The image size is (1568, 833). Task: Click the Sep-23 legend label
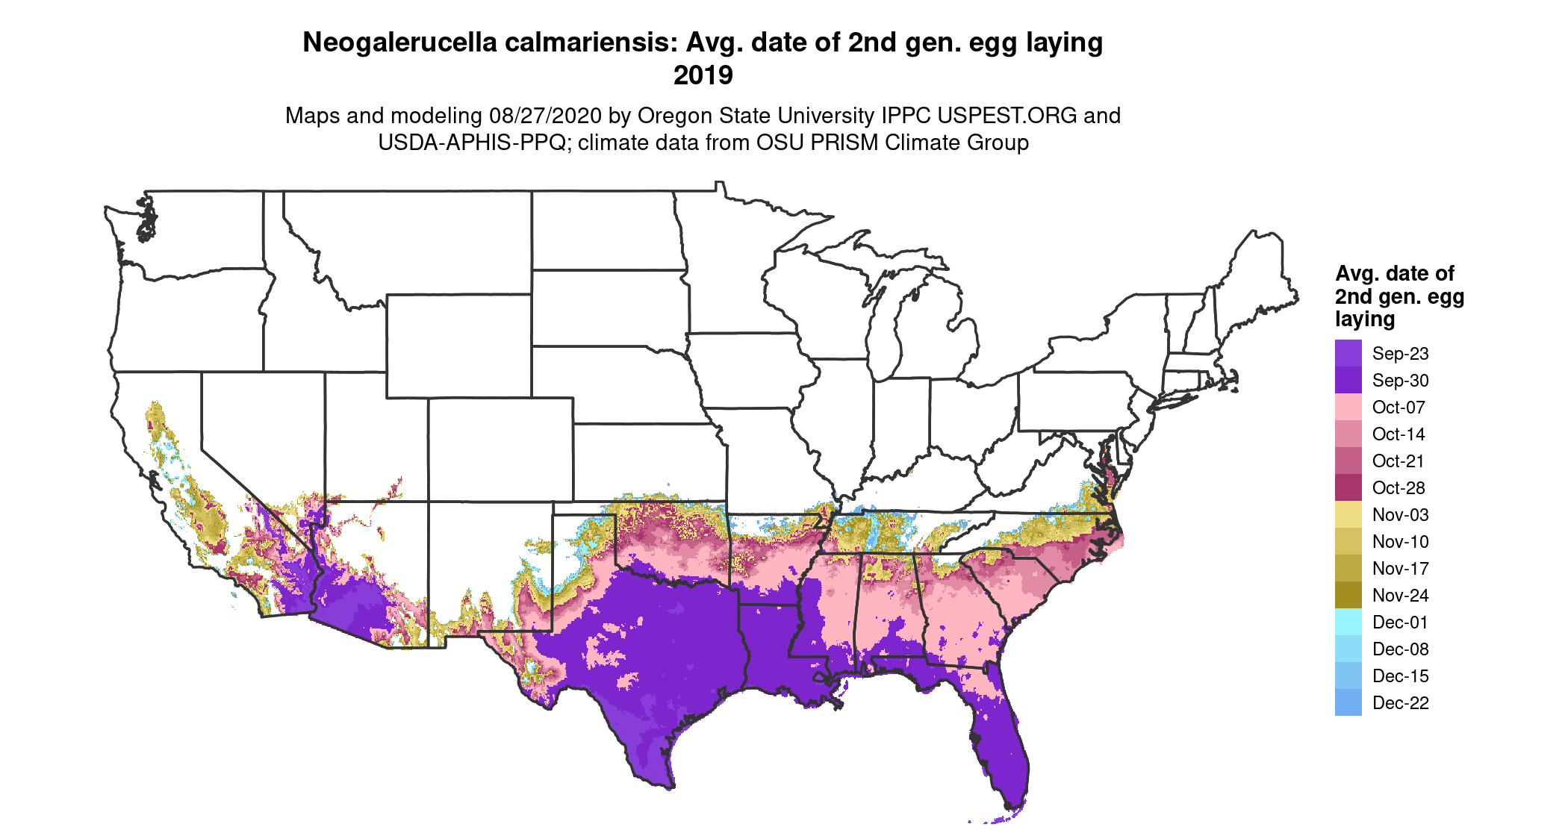pyautogui.click(x=1400, y=354)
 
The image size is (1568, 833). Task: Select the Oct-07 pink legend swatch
pyautogui.click(x=1348, y=408)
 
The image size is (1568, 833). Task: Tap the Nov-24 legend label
pyautogui.click(x=1400, y=596)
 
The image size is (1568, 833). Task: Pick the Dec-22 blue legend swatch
pyautogui.click(x=1348, y=703)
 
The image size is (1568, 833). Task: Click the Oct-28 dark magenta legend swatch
pyautogui.click(x=1348, y=488)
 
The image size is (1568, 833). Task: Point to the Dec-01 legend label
pyautogui.click(x=1400, y=623)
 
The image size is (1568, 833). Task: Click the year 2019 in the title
pyautogui.click(x=703, y=75)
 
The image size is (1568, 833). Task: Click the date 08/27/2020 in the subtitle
pyautogui.click(x=545, y=116)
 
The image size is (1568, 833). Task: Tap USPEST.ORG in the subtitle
pyautogui.click(x=1007, y=116)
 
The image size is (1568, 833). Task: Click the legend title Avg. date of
pyautogui.click(x=1394, y=273)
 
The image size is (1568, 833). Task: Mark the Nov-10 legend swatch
pyautogui.click(x=1348, y=542)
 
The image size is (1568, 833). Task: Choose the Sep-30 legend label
pyautogui.click(x=1400, y=381)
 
